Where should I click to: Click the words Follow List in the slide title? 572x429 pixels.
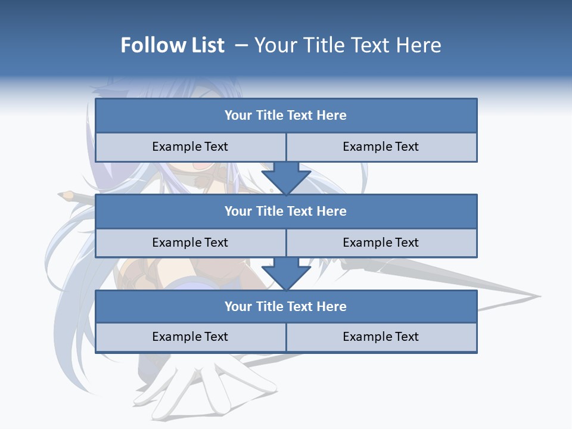point(172,45)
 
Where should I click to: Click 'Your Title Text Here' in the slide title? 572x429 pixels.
point(347,45)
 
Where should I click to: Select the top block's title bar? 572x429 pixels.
point(286,116)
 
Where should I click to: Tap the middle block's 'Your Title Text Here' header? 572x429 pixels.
point(286,211)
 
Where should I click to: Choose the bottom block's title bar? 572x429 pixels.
point(286,306)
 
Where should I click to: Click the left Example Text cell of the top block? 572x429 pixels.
point(190,147)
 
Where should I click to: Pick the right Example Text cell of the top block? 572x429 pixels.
point(381,147)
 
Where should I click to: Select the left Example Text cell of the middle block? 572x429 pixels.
point(190,243)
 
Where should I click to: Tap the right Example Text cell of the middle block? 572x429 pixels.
point(381,243)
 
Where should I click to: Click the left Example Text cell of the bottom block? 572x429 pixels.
point(190,337)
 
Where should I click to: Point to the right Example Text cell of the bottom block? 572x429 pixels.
point(381,337)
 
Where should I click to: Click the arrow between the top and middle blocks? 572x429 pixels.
point(286,177)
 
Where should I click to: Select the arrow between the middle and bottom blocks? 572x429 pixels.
point(286,273)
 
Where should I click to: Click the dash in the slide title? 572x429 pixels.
point(241,45)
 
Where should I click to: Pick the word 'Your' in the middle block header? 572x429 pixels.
point(238,211)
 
